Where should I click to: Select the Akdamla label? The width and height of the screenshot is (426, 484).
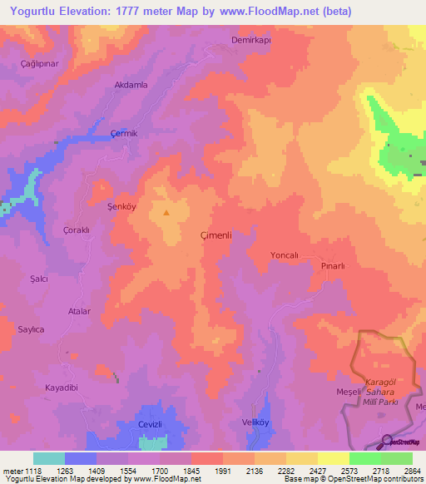pyautogui.click(x=131, y=85)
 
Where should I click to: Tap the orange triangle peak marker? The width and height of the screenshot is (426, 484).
pyautogui.click(x=166, y=212)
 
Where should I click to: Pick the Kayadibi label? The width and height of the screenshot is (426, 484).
pyautogui.click(x=62, y=388)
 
